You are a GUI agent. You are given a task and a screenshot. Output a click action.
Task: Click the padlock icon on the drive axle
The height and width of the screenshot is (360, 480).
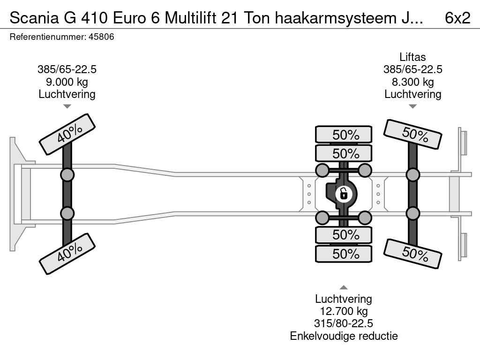(x=344, y=193)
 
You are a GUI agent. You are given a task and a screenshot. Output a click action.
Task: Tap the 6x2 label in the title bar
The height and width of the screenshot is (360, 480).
(x=457, y=17)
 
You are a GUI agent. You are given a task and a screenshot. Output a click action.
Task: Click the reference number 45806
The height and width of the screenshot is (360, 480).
(x=101, y=37)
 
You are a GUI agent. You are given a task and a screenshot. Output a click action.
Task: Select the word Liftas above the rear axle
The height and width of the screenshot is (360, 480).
(x=412, y=57)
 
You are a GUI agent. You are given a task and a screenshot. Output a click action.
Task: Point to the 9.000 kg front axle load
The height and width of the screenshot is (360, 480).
(x=67, y=82)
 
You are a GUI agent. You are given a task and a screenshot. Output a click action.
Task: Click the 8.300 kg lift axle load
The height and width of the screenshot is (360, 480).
(x=412, y=82)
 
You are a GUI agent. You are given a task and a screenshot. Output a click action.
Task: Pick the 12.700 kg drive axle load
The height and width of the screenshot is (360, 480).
(x=344, y=311)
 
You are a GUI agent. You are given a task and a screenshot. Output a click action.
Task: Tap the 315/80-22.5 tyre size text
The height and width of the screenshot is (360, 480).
(x=344, y=323)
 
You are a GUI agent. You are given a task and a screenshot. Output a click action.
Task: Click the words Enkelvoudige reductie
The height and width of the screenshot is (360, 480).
(x=344, y=336)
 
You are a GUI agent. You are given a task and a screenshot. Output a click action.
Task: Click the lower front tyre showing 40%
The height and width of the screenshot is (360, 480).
(x=67, y=255)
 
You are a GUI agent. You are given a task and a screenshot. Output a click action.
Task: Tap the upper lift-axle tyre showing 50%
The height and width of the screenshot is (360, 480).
(x=412, y=134)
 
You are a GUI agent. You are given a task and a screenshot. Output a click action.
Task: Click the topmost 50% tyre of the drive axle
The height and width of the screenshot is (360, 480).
(x=344, y=135)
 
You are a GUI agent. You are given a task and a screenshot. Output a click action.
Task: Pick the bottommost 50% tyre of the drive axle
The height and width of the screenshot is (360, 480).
(x=344, y=254)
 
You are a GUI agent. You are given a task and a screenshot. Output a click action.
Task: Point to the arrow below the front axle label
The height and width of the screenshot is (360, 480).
(x=67, y=107)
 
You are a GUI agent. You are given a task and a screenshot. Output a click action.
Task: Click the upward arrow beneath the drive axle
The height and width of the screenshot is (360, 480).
(x=344, y=287)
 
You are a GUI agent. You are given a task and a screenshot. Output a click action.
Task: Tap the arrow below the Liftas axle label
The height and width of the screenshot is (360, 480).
(x=412, y=107)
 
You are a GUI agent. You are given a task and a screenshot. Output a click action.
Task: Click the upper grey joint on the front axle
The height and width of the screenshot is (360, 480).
(x=67, y=175)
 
